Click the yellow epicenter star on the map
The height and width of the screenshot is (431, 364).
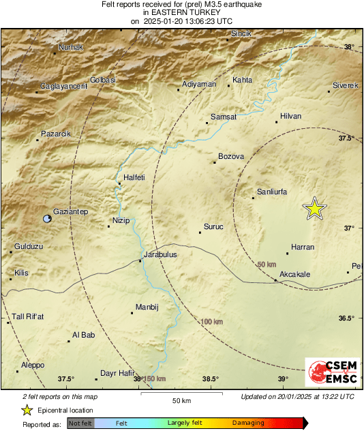coord(314,209)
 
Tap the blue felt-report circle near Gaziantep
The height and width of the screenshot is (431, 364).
coord(46,219)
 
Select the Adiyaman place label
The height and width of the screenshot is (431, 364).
coord(200,84)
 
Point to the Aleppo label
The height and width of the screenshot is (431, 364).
coord(32,366)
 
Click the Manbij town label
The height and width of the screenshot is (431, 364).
coord(147,307)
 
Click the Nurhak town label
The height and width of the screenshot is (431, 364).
coord(72,47)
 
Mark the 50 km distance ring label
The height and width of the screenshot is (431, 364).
coord(268,264)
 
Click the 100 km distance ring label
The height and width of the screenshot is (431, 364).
coord(212,321)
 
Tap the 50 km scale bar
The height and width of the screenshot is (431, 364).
coord(180,393)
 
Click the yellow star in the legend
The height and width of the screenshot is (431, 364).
coord(27,410)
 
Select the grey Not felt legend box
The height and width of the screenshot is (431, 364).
coord(80,423)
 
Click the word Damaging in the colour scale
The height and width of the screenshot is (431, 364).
coord(248,423)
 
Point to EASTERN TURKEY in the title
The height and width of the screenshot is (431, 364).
coord(182,12)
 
